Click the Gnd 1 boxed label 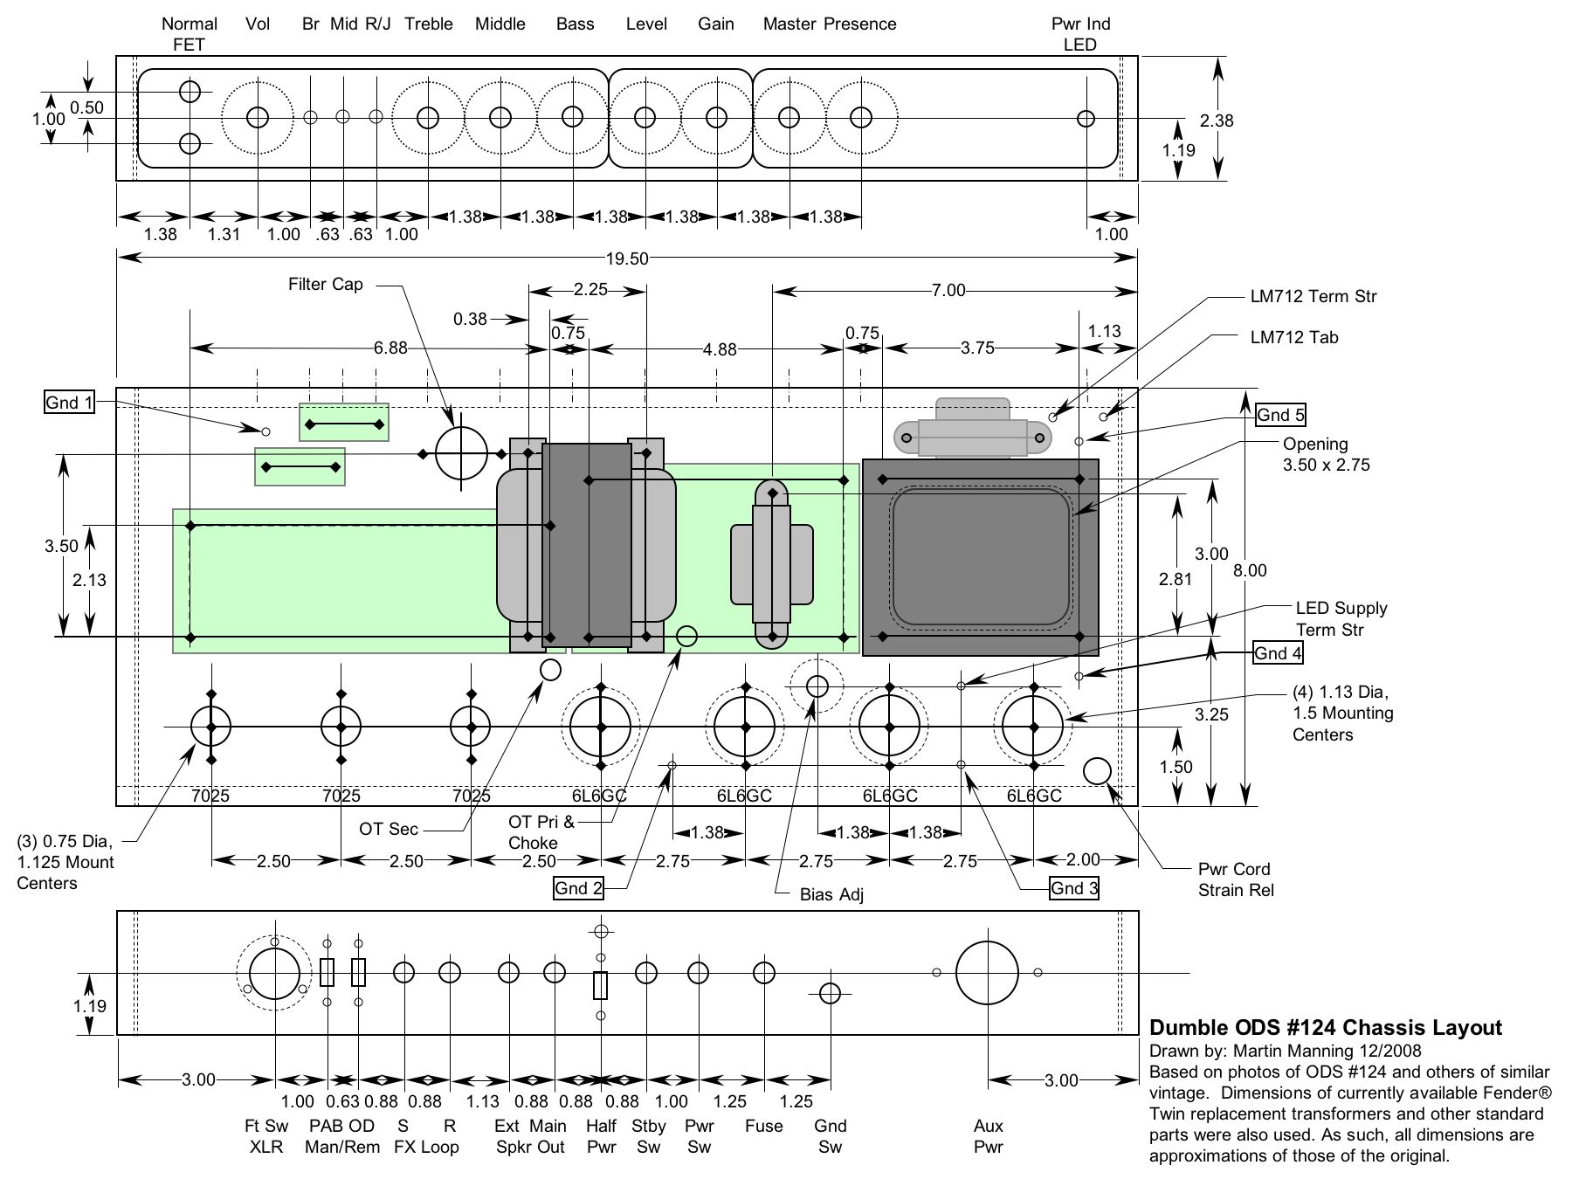[x=69, y=402]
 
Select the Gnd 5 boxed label [x=1281, y=415]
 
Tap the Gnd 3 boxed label [x=1074, y=888]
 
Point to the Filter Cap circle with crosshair [x=461, y=453]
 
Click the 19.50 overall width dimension [x=626, y=258]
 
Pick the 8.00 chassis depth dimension [x=1249, y=570]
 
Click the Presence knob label [x=860, y=24]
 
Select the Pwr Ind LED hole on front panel [x=1086, y=118]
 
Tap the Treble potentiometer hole [x=428, y=117]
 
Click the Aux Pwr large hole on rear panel [x=987, y=972]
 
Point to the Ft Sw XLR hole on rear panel [x=274, y=972]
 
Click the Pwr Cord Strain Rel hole [x=1097, y=771]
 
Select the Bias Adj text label [x=831, y=895]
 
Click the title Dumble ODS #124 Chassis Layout [x=1325, y=1027]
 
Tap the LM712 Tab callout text [x=1294, y=337]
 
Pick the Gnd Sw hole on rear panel [x=830, y=992]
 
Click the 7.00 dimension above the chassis [x=948, y=290]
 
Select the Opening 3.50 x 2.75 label [x=1326, y=454]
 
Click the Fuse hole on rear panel [x=764, y=972]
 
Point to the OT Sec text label [x=389, y=829]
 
